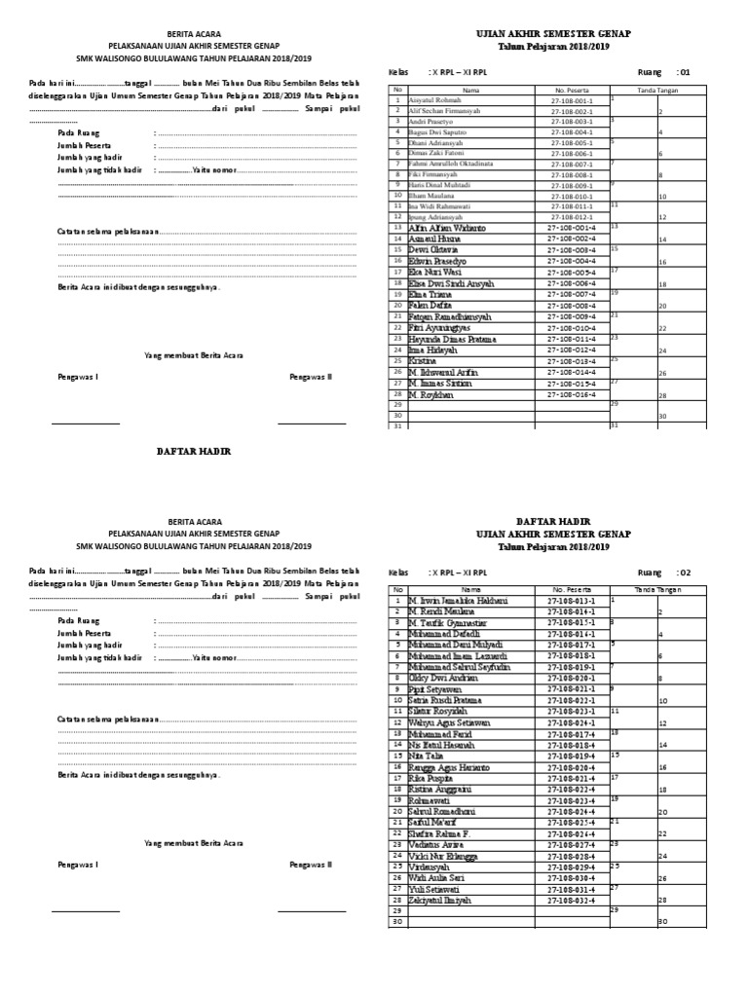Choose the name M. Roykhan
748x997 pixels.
click(431, 395)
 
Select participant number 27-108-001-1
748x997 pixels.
click(571, 100)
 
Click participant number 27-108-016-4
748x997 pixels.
click(571, 395)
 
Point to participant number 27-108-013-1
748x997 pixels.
click(571, 601)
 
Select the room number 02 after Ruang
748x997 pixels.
click(684, 572)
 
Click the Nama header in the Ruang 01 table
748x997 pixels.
click(471, 90)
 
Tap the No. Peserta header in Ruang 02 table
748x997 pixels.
click(571, 590)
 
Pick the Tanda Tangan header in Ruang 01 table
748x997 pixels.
click(656, 90)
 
